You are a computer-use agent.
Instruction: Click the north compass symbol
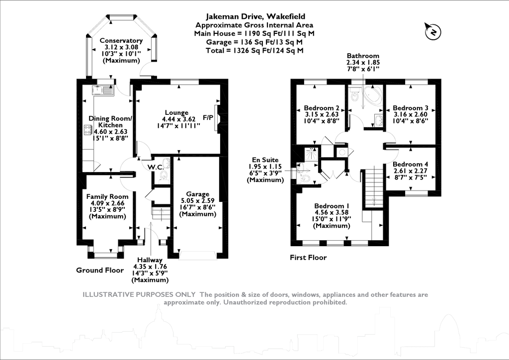[x=433, y=32]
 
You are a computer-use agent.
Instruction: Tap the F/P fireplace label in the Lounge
[x=208, y=118]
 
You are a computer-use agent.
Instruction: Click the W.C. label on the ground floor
[x=156, y=167]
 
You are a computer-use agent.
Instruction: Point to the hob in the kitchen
[x=87, y=130]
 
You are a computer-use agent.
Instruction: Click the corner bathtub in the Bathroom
[x=372, y=95]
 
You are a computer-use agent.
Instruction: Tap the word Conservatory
[x=121, y=41]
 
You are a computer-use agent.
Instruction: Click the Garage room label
[x=197, y=194]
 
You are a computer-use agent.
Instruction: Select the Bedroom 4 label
[x=410, y=164]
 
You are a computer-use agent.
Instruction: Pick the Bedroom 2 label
[x=321, y=108]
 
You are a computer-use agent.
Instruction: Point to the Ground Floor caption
[x=99, y=270]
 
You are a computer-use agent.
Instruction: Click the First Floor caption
[x=308, y=258]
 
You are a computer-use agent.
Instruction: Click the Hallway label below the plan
[x=150, y=260]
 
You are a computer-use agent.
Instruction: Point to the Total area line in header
[x=254, y=50]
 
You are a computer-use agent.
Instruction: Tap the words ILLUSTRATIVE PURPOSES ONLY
[x=139, y=295]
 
